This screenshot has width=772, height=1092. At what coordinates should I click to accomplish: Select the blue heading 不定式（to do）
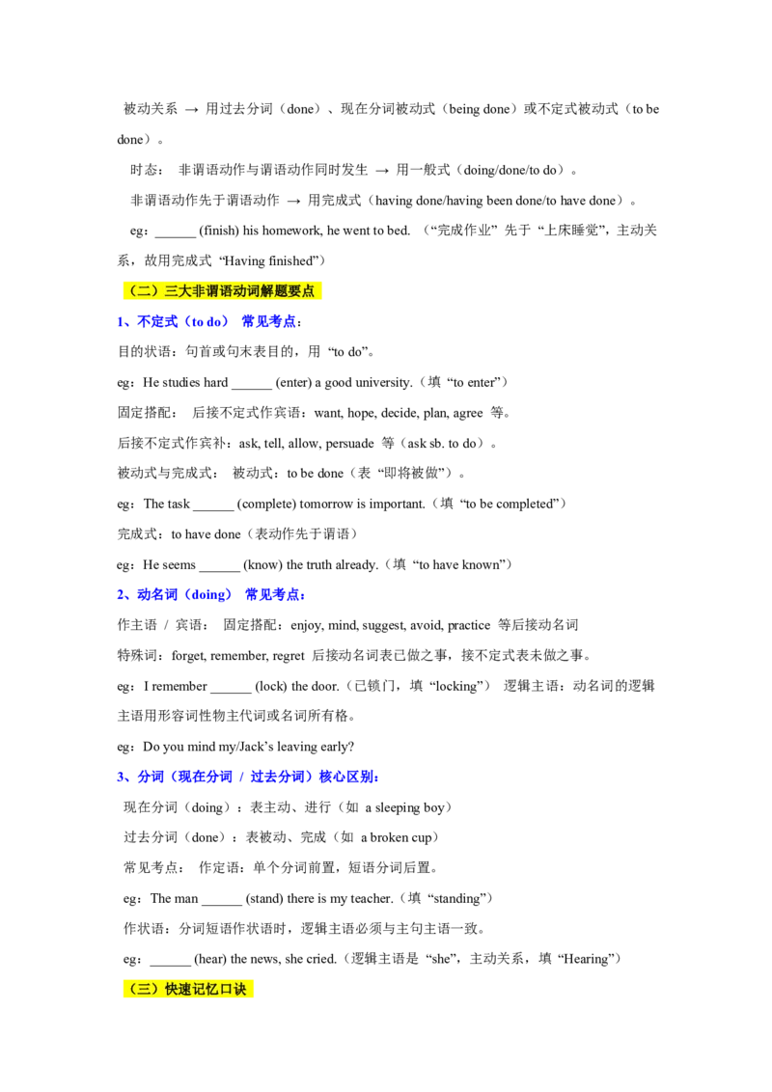(182, 322)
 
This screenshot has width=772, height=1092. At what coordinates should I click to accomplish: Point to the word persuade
(349, 444)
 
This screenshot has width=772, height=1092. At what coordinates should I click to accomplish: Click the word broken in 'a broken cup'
(390, 837)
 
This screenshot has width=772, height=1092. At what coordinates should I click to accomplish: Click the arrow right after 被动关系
(192, 109)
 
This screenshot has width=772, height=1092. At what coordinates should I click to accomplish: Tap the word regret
(289, 656)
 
